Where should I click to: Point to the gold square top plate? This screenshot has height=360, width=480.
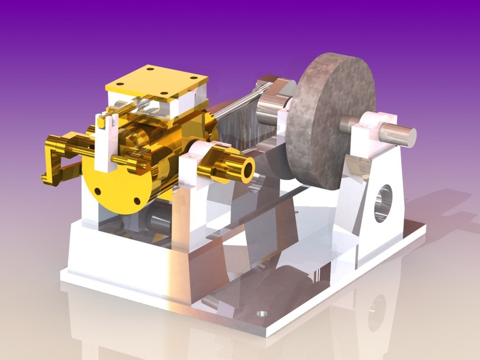pyautogui.click(x=156, y=83)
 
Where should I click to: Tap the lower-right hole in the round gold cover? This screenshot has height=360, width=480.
pyautogui.click(x=137, y=201)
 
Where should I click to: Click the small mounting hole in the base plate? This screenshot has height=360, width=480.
pyautogui.click(x=261, y=314)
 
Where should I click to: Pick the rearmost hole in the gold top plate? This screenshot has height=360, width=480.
pyautogui.click(x=150, y=69)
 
